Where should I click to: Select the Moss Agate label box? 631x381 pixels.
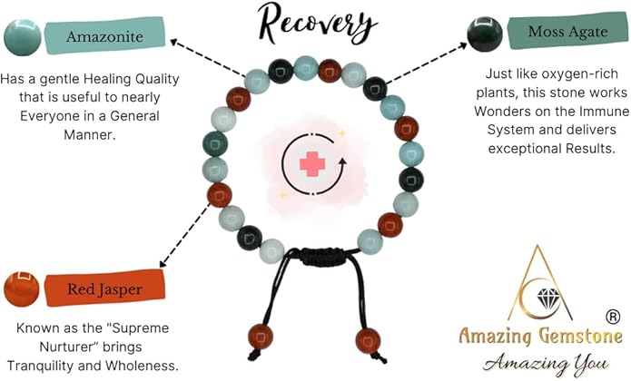click(553, 34)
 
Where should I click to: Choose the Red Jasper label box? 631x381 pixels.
click(101, 289)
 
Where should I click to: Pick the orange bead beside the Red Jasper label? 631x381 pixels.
click(21, 288)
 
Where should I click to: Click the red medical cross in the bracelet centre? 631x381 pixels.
click(313, 163)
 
